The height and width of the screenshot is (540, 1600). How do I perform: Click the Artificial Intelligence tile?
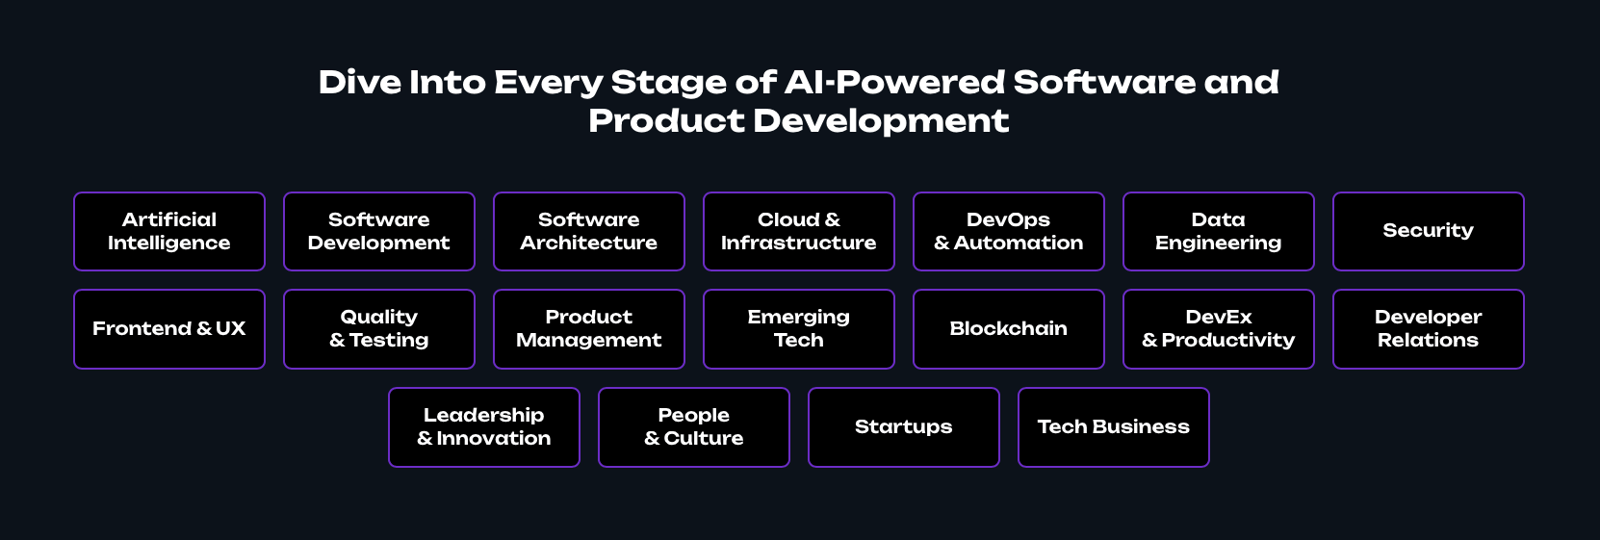point(169,231)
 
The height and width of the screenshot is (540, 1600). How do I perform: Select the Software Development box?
point(379,231)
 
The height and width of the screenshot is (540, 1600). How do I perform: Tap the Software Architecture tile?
point(589,231)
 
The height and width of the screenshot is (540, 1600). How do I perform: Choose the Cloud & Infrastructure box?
point(799,231)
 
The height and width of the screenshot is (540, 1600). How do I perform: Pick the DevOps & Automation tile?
point(1009,231)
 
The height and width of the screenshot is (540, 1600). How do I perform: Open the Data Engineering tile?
point(1219,231)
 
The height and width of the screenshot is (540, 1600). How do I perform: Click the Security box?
point(1429,231)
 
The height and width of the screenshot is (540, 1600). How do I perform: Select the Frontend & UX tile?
point(169,329)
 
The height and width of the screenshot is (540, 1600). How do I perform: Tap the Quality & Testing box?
point(379,329)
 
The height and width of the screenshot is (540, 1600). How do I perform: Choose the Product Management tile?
point(589,329)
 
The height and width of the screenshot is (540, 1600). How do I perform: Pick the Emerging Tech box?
point(799,329)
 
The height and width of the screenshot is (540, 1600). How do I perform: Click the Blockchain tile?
point(1009,329)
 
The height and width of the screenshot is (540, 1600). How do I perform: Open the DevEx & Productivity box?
point(1219,329)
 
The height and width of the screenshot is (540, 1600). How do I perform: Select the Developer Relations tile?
point(1429,329)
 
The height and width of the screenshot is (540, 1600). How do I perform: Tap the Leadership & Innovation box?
point(484,427)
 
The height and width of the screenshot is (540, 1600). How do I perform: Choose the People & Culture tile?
point(694,427)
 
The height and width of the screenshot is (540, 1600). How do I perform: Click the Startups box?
point(904,427)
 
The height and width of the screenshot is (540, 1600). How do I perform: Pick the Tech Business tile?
point(1114,427)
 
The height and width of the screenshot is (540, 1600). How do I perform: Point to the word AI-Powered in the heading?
point(894,82)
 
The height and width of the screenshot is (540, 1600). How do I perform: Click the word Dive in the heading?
point(360,82)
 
